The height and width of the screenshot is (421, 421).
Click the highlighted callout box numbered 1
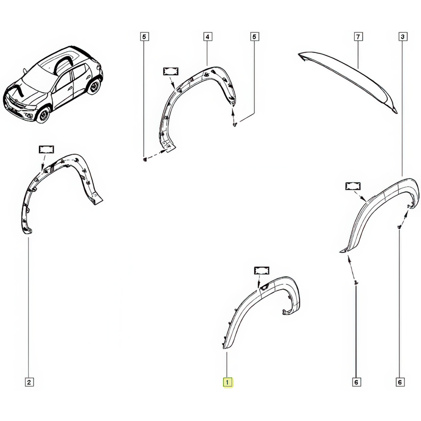(x=227, y=382)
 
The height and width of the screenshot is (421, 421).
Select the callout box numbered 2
(x=29, y=382)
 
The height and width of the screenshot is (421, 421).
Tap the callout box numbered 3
(x=402, y=37)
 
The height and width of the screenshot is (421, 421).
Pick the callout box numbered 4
(x=207, y=37)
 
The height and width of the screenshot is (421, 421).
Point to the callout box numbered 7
(x=358, y=37)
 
